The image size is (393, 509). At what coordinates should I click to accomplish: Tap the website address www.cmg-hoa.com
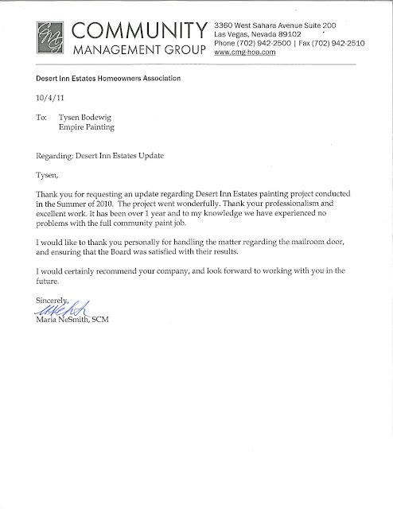pyautogui.click(x=255, y=53)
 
